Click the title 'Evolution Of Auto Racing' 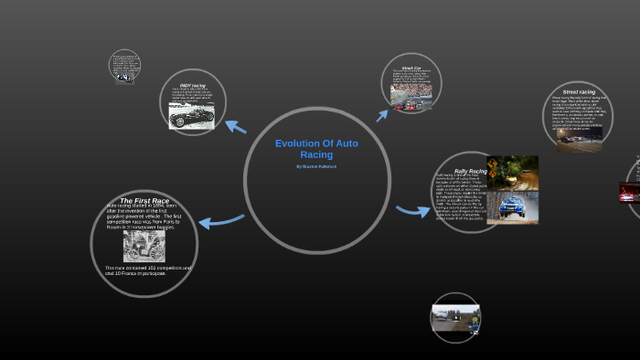coord(316,149)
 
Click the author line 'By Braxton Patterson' coord(316,166)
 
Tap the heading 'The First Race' coord(144,200)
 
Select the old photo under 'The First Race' coord(144,245)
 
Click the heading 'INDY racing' coord(192,85)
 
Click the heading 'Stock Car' coord(411,69)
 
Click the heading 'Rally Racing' coord(470,171)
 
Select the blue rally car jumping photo coord(511,207)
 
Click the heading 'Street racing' coord(578,92)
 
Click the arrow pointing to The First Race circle coord(220,220)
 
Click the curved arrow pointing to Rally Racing coord(412,211)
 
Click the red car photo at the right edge coord(629,192)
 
